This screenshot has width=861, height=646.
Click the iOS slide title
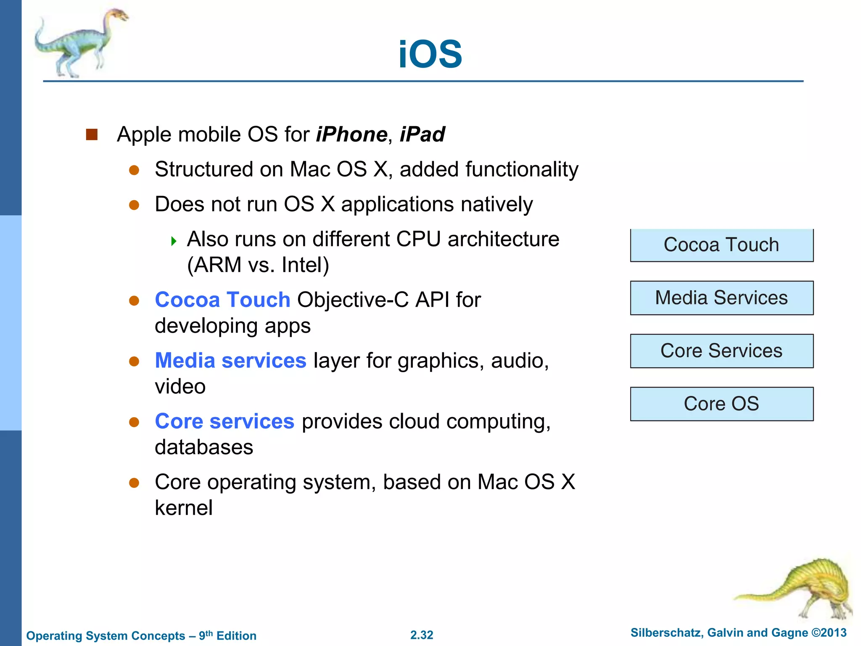click(x=430, y=54)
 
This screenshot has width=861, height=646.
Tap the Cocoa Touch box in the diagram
click(x=721, y=245)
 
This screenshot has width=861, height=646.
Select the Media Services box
click(x=721, y=298)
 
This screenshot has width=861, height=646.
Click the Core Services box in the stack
click(x=721, y=351)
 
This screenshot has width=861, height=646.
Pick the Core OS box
click(x=721, y=404)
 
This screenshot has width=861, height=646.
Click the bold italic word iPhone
click(x=351, y=135)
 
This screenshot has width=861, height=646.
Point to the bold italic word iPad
click(x=422, y=135)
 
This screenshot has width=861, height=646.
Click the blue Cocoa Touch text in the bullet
click(x=222, y=300)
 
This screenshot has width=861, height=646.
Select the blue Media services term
click(x=230, y=361)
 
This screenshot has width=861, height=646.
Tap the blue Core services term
click(x=224, y=421)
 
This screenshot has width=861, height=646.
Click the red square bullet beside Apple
click(x=92, y=135)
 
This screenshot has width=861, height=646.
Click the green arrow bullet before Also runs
click(x=174, y=241)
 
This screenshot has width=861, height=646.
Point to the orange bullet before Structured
click(x=134, y=170)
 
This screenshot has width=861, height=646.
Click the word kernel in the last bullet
click(x=184, y=508)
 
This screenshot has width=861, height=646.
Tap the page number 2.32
click(x=422, y=635)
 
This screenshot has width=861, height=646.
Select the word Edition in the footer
click(x=236, y=636)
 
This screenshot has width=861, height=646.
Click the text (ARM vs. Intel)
click(x=258, y=265)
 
